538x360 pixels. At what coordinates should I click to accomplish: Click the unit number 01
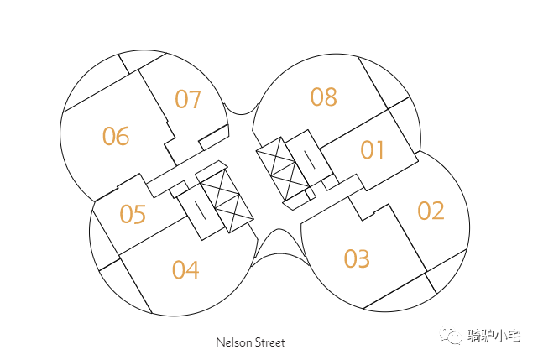[373, 150]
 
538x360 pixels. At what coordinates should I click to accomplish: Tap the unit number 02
[431, 211]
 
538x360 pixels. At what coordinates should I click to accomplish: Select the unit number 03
[357, 258]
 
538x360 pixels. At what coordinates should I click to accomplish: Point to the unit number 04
[185, 270]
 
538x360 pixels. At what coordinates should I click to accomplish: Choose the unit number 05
[133, 215]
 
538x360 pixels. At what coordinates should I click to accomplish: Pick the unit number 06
[116, 136]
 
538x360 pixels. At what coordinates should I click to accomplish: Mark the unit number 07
[188, 100]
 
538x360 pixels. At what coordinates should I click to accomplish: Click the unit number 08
[323, 97]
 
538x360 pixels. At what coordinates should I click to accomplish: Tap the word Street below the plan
[269, 342]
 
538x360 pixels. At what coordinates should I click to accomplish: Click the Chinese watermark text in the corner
[494, 337]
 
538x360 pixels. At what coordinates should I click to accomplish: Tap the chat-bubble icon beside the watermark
[453, 336]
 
